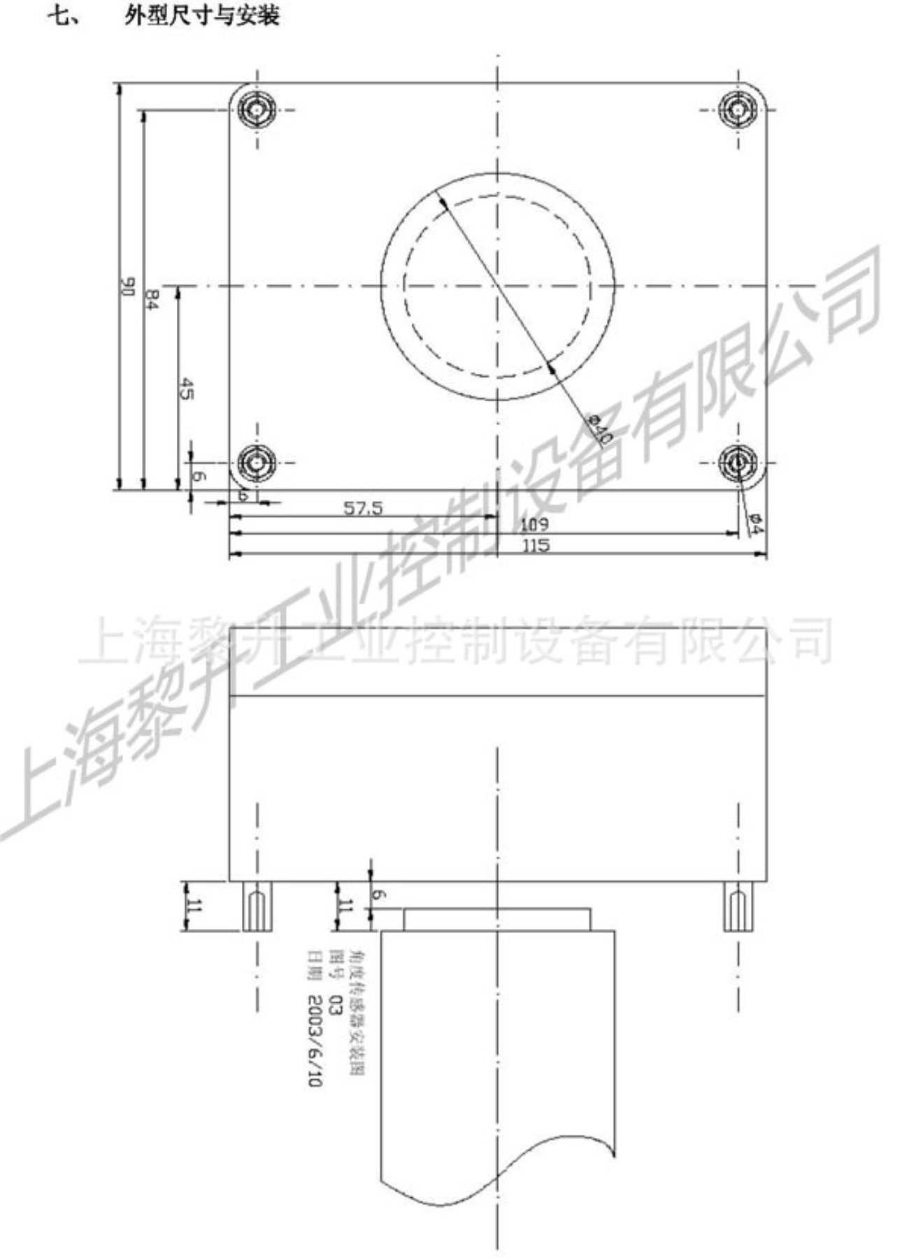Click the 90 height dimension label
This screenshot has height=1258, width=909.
[127, 287]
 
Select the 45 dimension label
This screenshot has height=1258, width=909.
[187, 389]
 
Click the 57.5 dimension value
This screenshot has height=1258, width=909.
[363, 509]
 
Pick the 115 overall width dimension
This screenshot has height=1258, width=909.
[536, 546]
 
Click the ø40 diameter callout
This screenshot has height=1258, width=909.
[600, 428]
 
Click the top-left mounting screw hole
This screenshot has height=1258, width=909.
[257, 110]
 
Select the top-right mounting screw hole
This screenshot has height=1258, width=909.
[738, 110]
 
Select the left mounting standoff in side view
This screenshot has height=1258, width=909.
[257, 906]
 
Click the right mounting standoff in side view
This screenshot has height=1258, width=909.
[738, 906]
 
